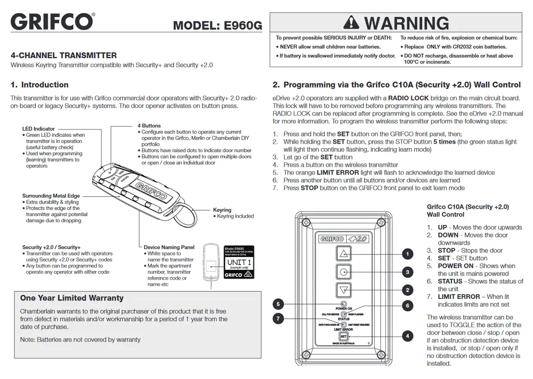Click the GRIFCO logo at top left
(x=52, y=22)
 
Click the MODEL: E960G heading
(x=218, y=26)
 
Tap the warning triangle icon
(x=352, y=23)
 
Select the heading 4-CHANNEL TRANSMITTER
(x=64, y=55)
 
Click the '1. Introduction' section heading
(x=40, y=85)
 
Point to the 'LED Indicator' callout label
(x=38, y=129)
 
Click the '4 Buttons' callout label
(x=149, y=125)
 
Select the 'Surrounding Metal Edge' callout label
(x=51, y=196)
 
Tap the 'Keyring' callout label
(x=222, y=210)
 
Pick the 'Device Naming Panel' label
(x=169, y=247)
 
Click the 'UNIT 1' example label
(x=236, y=262)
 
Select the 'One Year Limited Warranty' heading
(x=72, y=298)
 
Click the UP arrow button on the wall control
(x=343, y=254)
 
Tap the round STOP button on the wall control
(x=343, y=272)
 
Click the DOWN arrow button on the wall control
(x=343, y=290)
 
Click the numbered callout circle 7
(x=278, y=318)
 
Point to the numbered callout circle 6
(x=408, y=306)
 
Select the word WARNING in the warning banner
(x=406, y=23)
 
